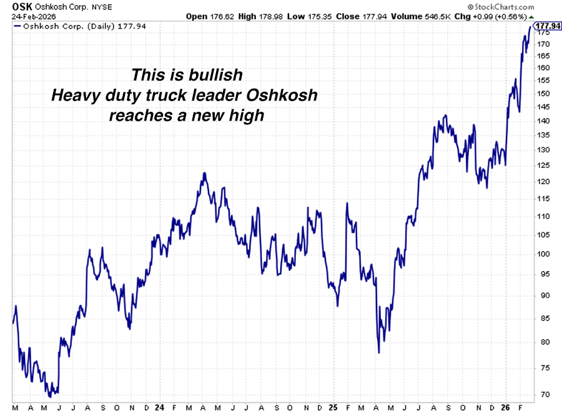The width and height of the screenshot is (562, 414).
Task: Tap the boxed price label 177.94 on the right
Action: (x=548, y=26)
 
